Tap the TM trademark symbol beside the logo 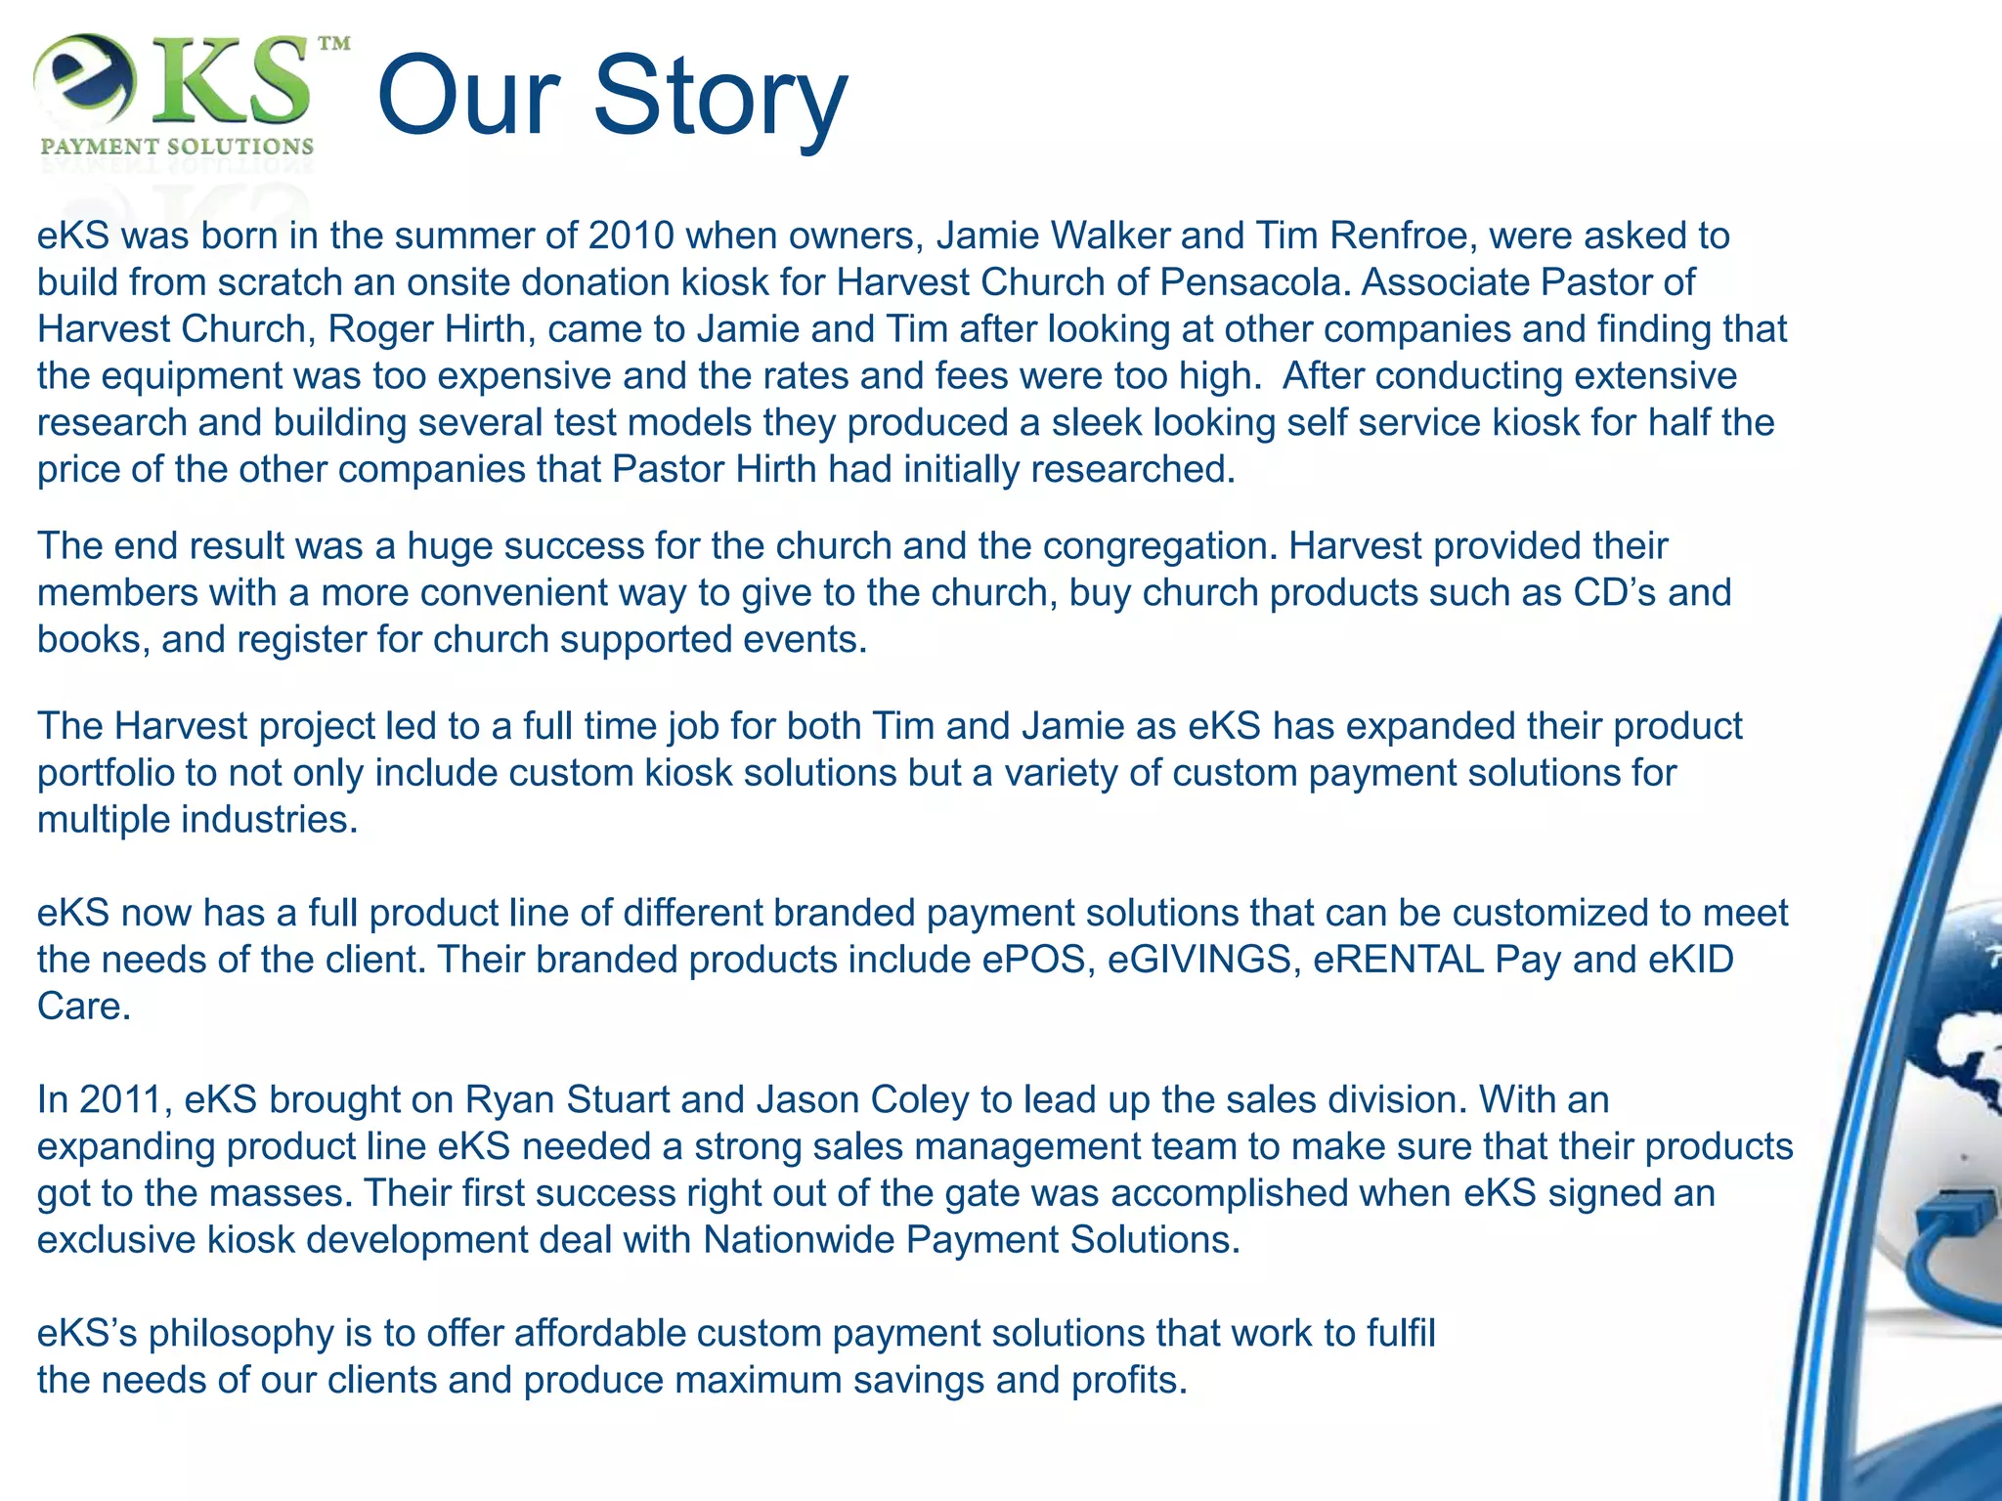tap(334, 44)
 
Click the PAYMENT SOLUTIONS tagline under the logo tap(177, 147)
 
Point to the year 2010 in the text tap(631, 236)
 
